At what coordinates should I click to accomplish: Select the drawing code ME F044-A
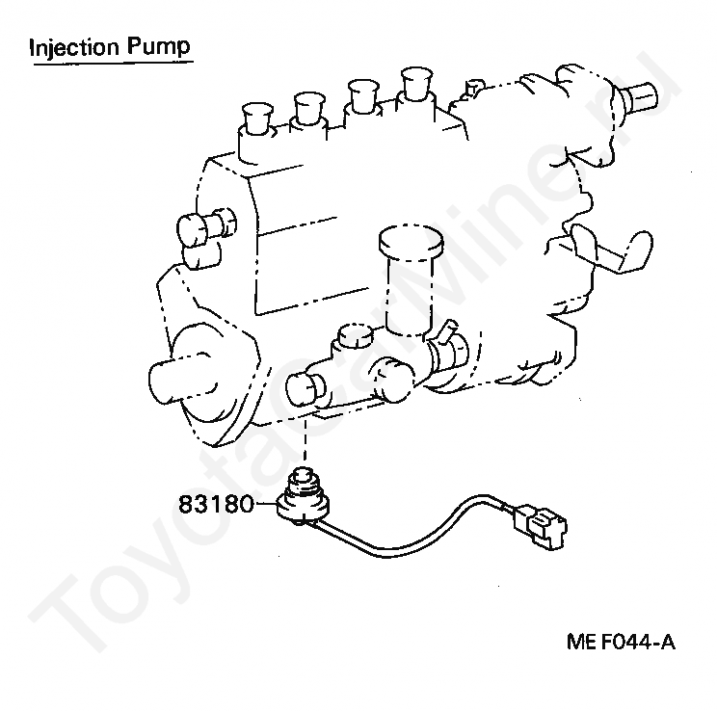[x=621, y=641]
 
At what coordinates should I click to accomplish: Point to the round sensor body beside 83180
[x=303, y=502]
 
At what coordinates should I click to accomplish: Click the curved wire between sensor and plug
[x=414, y=525]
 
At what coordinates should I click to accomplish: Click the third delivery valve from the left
[x=362, y=93]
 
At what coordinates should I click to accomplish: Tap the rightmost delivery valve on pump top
[x=417, y=81]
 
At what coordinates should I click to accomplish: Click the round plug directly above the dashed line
[x=306, y=387]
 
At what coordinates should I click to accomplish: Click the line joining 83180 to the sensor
[x=265, y=503]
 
